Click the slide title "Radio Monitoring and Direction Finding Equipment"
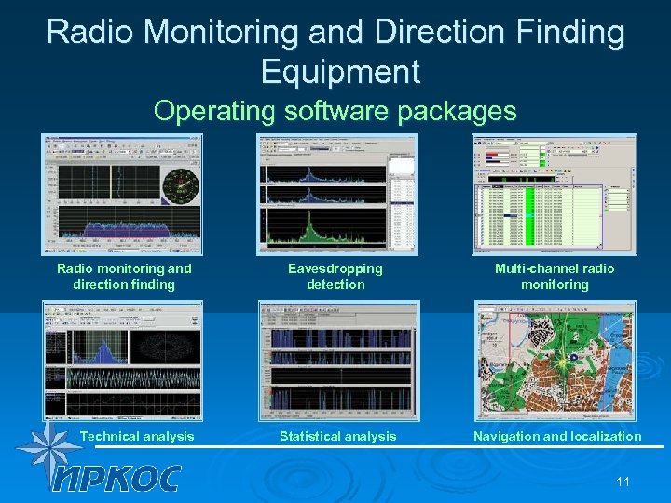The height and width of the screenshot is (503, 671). click(335, 50)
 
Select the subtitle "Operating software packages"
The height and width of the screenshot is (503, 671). click(335, 111)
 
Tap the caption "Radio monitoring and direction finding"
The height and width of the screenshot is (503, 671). click(124, 277)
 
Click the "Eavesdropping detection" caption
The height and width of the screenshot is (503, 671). click(335, 277)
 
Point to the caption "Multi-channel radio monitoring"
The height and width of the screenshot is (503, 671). click(555, 277)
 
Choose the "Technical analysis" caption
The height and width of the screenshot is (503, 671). click(137, 436)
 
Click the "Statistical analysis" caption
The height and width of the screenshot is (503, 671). click(337, 436)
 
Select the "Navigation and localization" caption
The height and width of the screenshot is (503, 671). click(557, 436)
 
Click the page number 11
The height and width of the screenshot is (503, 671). click(623, 481)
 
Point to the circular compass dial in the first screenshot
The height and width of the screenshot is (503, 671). click(179, 184)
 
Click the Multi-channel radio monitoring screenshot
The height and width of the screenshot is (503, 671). click(555, 194)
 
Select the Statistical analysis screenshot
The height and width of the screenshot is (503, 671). click(337, 360)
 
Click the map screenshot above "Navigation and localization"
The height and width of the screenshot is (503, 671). click(555, 360)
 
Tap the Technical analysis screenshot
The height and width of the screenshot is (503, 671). click(122, 360)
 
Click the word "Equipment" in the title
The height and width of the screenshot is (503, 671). click(340, 71)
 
